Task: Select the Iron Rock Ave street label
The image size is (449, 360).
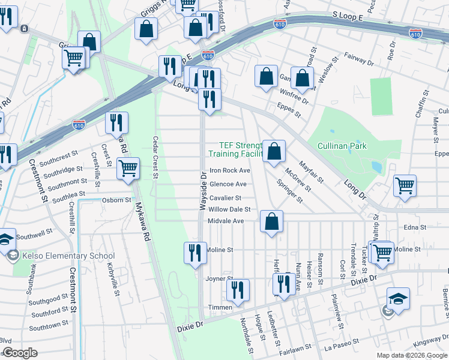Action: (229, 171)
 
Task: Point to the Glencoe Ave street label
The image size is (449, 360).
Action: (228, 184)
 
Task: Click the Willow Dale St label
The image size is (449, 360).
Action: (229, 209)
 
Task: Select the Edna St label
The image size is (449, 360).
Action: (415, 227)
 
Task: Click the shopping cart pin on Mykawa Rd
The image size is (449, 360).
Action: (128, 169)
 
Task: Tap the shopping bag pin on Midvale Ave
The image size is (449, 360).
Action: (272, 221)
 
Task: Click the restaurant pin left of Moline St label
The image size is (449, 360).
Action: (194, 253)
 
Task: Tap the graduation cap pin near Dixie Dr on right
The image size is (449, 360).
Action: (398, 298)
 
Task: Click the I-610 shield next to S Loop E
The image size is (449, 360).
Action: (283, 23)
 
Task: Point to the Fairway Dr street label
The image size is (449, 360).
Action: (359, 59)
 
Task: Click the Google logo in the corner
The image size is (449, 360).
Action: (19, 353)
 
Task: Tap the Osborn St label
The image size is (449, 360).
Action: (116, 200)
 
